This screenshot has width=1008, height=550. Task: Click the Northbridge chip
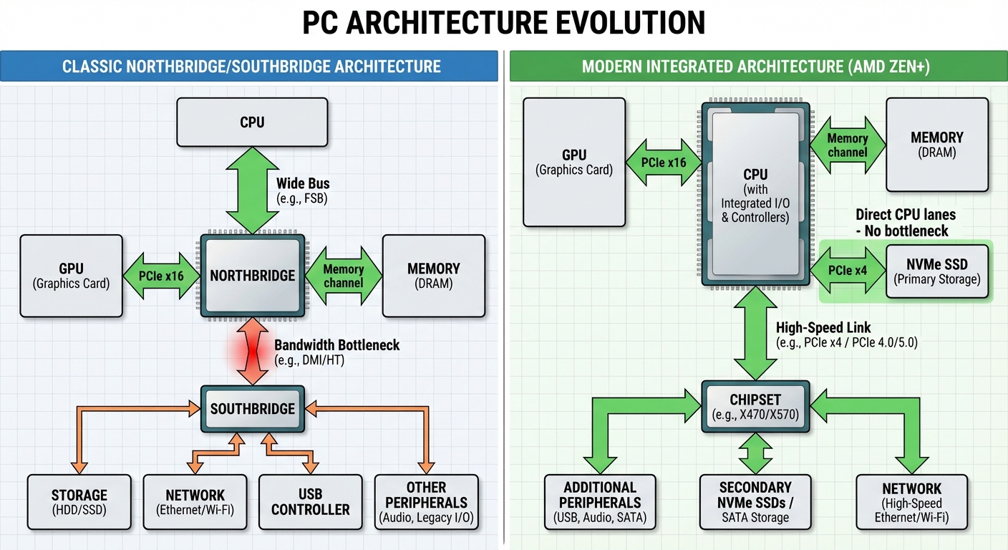pos(252,276)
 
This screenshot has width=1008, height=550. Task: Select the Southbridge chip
pos(252,409)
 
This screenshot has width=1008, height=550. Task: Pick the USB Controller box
pos(311,502)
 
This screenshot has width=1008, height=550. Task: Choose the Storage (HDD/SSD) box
pos(79,502)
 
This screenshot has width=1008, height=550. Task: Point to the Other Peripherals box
pos(426,502)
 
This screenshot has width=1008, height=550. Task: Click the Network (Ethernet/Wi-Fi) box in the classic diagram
pos(195,502)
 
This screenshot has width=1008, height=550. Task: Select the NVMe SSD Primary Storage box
pos(937,271)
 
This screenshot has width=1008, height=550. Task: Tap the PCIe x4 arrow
pos(848,271)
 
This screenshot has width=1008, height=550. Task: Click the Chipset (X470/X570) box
pos(755,406)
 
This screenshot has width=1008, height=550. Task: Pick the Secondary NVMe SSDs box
pos(755,502)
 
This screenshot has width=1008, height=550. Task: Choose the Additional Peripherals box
pos(600,502)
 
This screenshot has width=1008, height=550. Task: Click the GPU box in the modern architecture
pos(574,163)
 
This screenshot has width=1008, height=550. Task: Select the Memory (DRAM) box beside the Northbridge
pos(433,276)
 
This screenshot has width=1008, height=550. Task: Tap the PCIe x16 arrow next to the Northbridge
pos(161,276)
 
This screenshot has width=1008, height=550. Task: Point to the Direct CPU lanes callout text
pos(905,222)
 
